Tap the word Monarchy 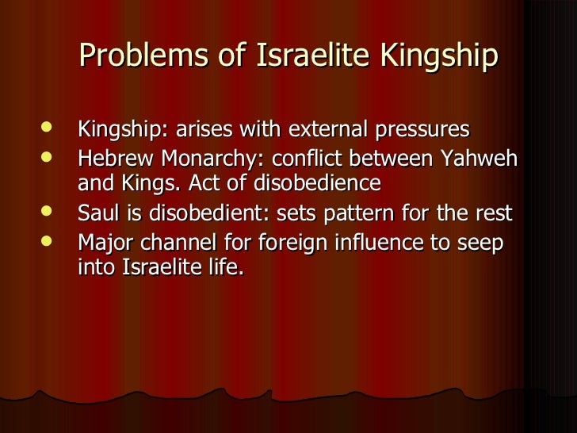pos(204,158)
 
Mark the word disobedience pos(313,183)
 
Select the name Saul pos(97,213)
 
